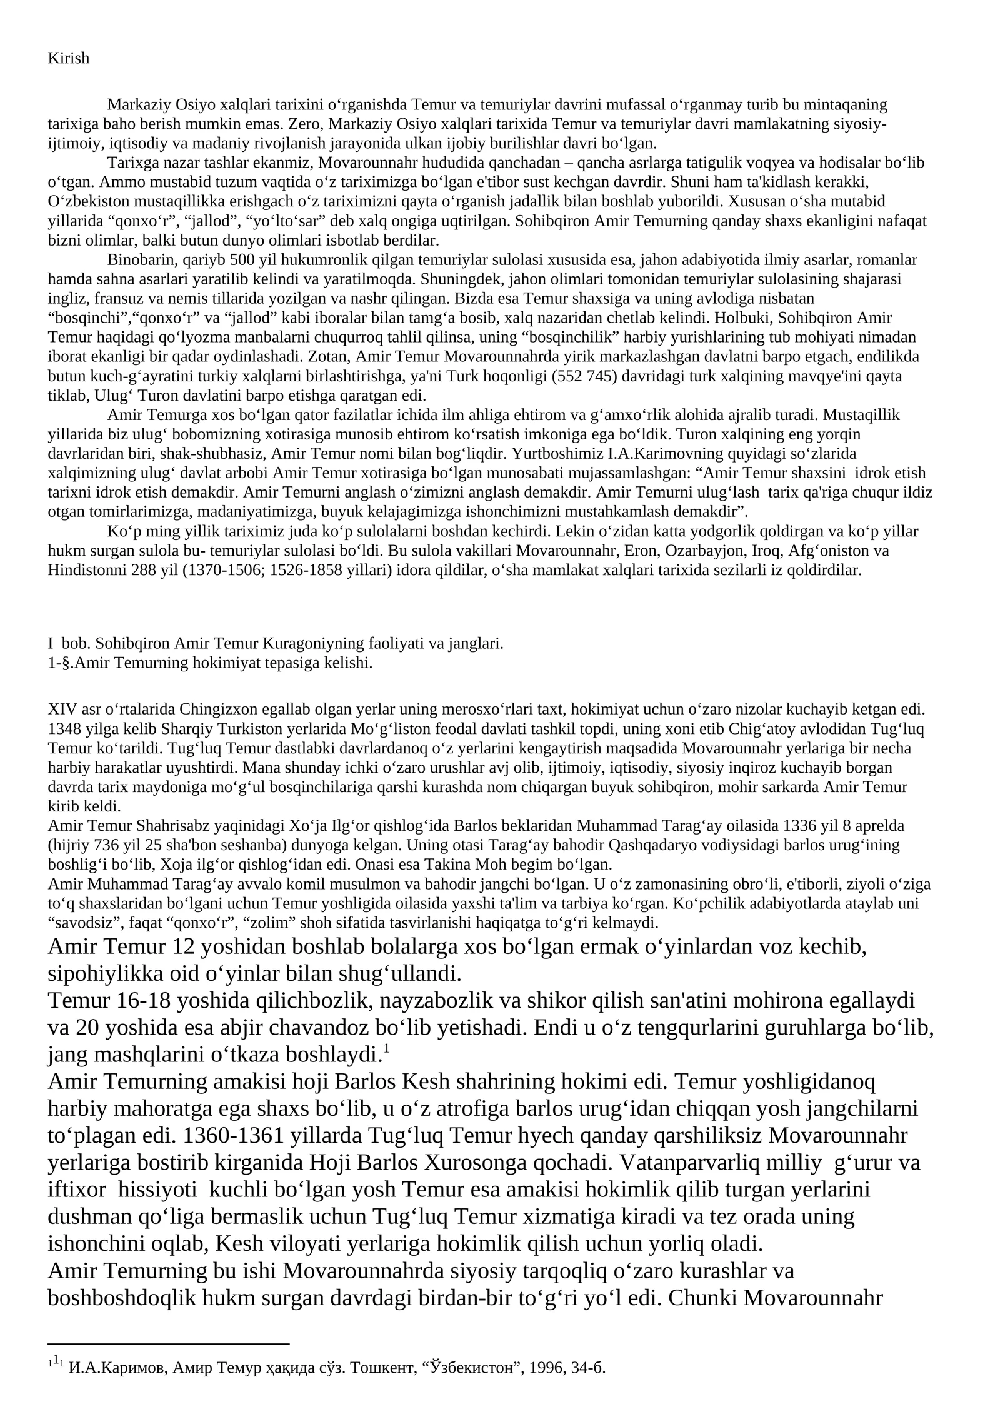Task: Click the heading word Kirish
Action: [69, 58]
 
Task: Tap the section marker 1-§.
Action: [61, 663]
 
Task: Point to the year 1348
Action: [61, 729]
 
